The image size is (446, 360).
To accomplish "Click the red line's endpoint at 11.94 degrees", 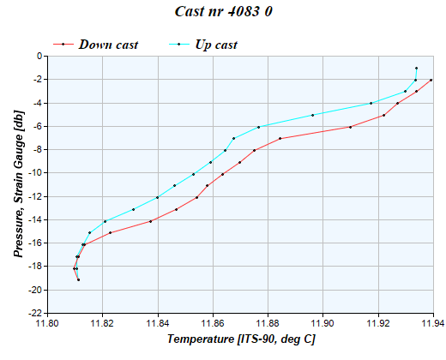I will (x=431, y=80).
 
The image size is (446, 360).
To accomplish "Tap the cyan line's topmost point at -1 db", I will (x=416, y=68).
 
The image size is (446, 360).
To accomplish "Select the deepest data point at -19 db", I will (x=78, y=279).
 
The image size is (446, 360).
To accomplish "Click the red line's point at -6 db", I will (x=350, y=127).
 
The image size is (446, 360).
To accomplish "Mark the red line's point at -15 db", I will (x=110, y=232).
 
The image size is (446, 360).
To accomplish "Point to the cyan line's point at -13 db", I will (x=133, y=209).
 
